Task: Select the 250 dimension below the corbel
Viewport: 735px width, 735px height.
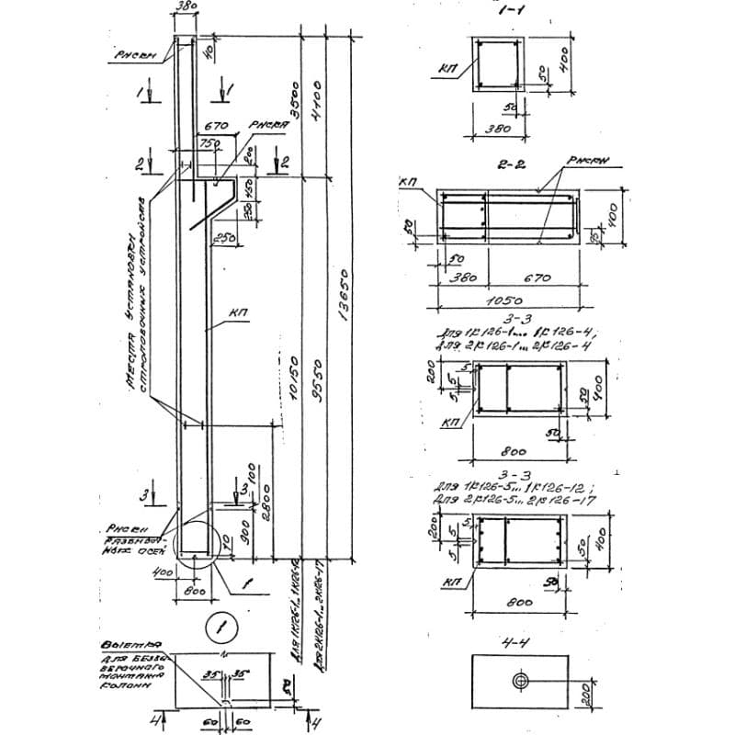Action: [x=223, y=238]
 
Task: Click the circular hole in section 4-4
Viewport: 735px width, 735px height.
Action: [x=520, y=680]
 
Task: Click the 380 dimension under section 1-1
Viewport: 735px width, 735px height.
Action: [x=497, y=129]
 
